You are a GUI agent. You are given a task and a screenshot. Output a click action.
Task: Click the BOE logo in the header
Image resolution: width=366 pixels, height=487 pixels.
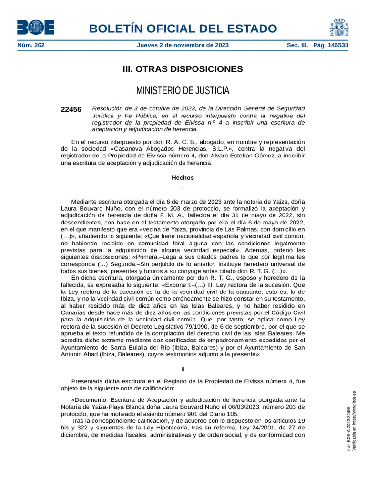(x=35, y=28)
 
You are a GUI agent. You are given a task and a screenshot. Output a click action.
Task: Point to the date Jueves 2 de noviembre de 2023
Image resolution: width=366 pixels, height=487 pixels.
(x=183, y=45)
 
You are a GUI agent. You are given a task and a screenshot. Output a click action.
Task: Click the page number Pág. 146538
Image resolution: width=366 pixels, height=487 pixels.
(x=330, y=45)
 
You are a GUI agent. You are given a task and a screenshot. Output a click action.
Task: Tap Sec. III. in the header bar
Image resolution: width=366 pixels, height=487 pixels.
(x=297, y=45)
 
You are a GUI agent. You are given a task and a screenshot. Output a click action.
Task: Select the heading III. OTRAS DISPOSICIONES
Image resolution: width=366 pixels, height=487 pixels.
(x=183, y=69)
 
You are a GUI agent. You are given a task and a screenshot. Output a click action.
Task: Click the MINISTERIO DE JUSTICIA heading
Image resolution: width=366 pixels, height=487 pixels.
(x=183, y=90)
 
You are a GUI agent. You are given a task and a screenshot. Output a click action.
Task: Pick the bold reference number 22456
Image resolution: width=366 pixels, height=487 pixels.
(x=71, y=109)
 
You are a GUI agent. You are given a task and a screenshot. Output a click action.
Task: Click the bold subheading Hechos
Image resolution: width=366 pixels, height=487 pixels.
(x=183, y=178)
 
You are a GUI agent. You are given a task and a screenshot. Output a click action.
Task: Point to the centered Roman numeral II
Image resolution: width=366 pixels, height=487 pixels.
(x=183, y=369)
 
